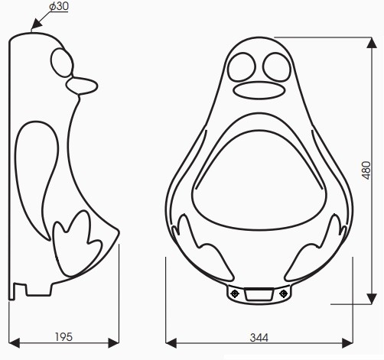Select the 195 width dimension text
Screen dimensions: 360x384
coord(63,336)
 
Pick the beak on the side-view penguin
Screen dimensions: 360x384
coord(84,85)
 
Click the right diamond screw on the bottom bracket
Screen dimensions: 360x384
coord(284,293)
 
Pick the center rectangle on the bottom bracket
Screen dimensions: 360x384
coord(260,293)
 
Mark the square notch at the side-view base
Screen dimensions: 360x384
coord(22,289)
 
